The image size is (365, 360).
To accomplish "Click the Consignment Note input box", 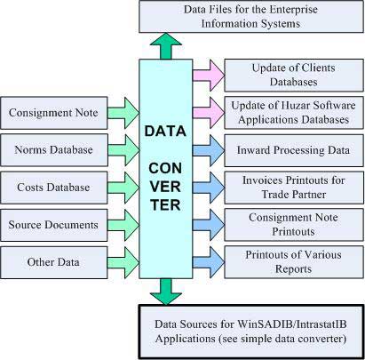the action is point(54,113).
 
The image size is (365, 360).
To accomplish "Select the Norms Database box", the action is point(54,150).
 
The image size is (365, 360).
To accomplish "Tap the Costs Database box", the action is point(54,188).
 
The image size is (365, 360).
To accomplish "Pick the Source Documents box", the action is point(54,225).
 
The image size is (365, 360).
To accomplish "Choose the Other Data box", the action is point(54,262).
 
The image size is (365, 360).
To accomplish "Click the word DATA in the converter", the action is point(165,131).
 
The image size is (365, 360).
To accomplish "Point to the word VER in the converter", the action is point(165,187).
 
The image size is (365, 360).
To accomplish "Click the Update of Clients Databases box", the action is point(294,76).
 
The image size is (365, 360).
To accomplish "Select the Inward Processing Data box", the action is point(294,150).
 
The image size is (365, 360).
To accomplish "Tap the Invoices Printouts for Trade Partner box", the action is point(294,188).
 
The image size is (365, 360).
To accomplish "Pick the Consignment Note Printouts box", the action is point(294,225).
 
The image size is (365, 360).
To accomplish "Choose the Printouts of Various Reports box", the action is point(294,262).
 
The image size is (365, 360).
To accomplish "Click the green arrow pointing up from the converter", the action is point(166,46).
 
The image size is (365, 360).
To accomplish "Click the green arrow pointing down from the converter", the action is point(166,292).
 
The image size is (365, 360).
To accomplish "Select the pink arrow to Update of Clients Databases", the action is point(209,76).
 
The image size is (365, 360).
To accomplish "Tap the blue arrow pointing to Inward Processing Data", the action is point(209,150).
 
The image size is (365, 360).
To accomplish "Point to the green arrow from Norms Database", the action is point(123,150).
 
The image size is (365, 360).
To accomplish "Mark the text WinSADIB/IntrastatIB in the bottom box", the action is point(292,324).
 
